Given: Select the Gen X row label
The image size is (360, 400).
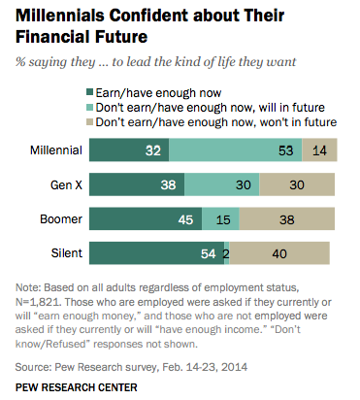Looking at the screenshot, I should click(63, 184).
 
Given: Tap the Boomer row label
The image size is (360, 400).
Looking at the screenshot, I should click(60, 218).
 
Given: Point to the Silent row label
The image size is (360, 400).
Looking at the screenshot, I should click(65, 253).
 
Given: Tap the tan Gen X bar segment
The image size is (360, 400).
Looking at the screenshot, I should click(296, 184).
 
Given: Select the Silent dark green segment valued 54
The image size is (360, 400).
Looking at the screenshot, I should click(156, 253).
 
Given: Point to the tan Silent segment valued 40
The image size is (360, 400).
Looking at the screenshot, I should click(279, 253).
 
